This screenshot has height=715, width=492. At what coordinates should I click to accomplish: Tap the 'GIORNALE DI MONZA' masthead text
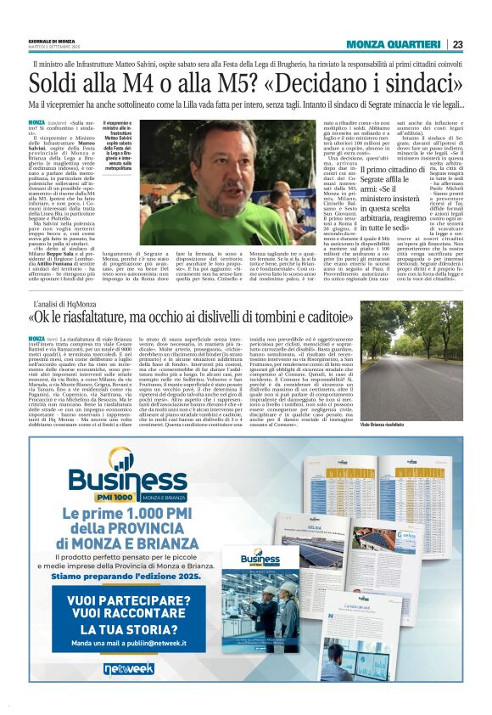click(52, 42)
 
